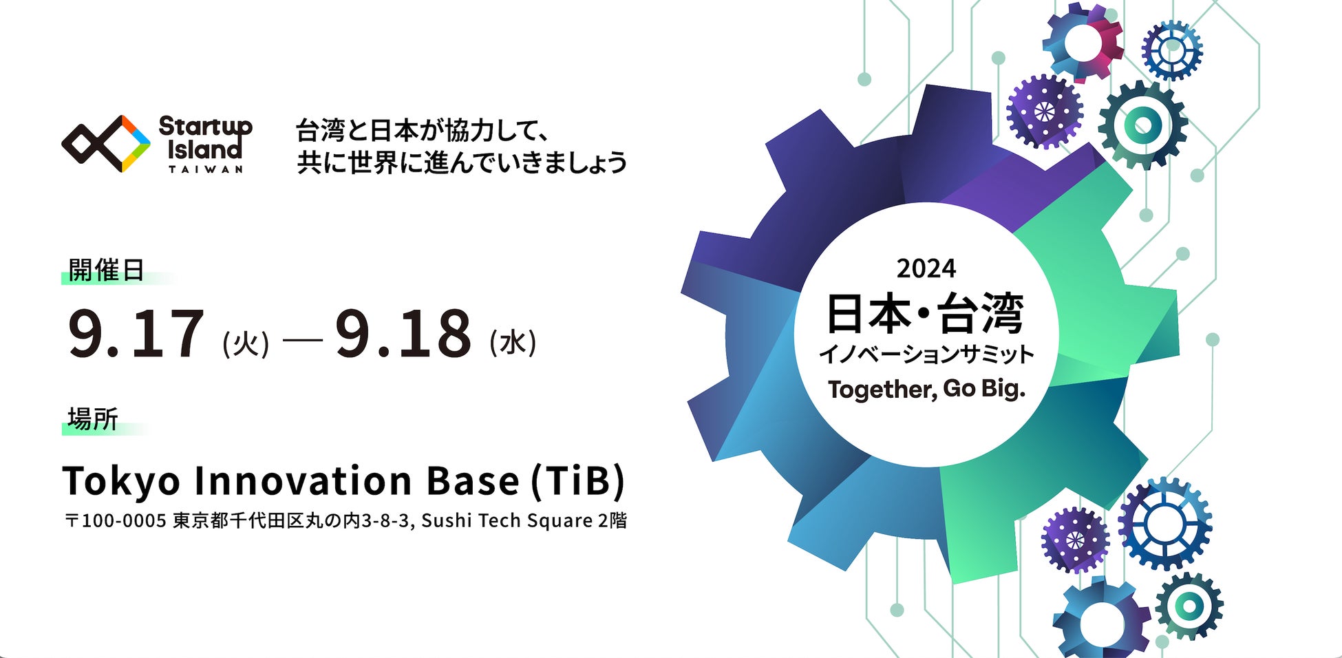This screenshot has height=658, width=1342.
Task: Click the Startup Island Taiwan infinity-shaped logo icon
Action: tap(106, 144)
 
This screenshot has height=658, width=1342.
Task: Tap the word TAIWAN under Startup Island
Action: tap(205, 169)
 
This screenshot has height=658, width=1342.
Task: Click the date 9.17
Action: tap(136, 335)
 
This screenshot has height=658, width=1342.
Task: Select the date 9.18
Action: tap(403, 335)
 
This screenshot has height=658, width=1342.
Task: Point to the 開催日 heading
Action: tap(106, 270)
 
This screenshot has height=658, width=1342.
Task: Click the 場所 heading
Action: tap(93, 418)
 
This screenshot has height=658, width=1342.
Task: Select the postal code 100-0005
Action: tap(124, 520)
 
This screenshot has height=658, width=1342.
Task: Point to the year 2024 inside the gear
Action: tap(926, 268)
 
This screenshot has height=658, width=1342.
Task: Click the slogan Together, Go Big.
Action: tap(926, 390)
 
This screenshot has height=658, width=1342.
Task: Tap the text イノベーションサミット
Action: tap(926, 354)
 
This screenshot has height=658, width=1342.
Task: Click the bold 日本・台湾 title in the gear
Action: tap(925, 313)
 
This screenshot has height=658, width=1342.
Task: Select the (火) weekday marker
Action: tap(246, 343)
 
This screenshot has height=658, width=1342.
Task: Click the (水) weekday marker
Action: tap(513, 342)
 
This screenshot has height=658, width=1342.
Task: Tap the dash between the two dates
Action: tap(302, 339)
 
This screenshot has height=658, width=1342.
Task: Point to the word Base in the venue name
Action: tap(472, 480)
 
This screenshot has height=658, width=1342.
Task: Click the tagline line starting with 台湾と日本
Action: tap(422, 130)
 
